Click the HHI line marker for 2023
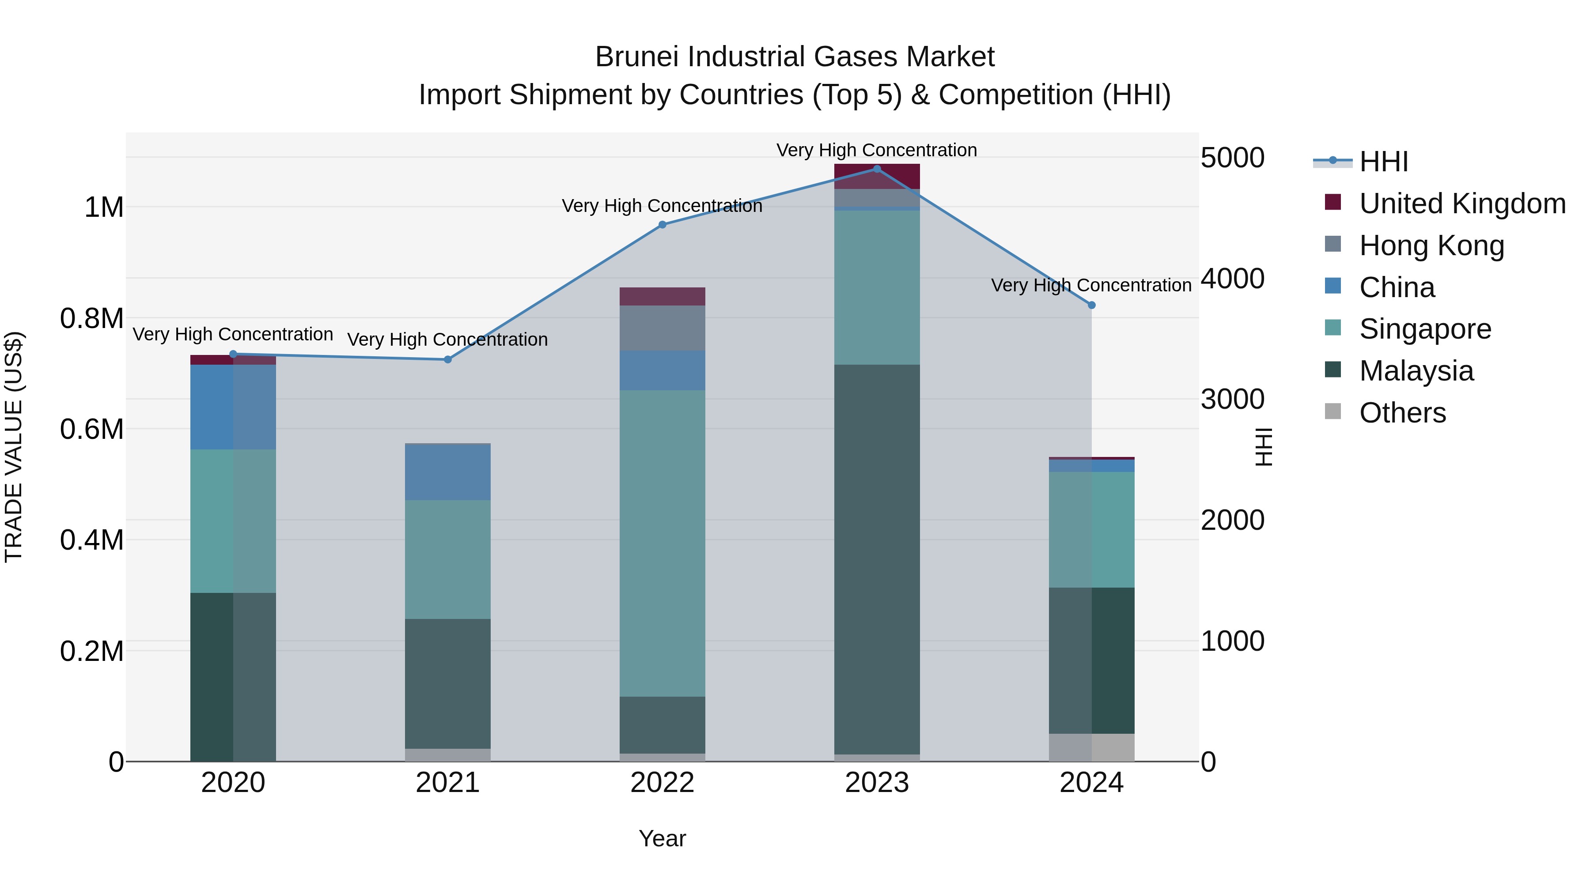[x=876, y=169]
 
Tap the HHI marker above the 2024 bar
[x=1091, y=305]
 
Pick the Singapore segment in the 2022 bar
[x=662, y=543]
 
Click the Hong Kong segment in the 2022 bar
[x=662, y=328]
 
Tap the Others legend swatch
[x=1333, y=411]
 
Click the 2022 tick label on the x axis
[x=662, y=783]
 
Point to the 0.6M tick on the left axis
[x=92, y=429]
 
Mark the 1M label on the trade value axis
[x=104, y=207]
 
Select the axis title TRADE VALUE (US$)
[x=14, y=447]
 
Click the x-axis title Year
[x=662, y=838]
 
